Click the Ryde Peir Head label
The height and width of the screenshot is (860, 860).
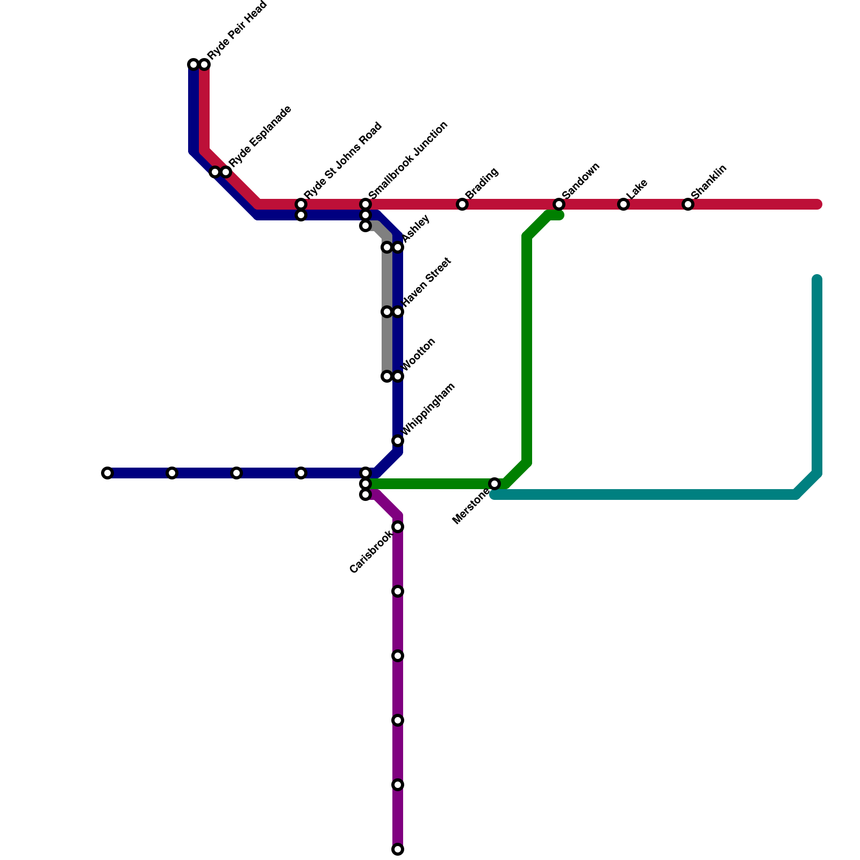237,31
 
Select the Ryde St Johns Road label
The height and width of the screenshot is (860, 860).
342,161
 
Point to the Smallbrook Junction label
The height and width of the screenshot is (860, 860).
408,160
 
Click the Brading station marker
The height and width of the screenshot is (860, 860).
462,204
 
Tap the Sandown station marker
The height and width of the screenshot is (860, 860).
559,204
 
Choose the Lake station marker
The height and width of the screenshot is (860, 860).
623,204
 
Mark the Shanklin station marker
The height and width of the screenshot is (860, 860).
688,204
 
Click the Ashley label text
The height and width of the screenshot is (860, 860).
416,228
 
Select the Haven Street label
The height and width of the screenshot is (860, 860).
427,283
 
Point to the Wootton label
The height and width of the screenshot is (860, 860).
419,355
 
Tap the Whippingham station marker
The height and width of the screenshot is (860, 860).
398,441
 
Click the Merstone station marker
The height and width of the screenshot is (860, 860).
494,484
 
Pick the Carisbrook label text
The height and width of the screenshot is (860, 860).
370,552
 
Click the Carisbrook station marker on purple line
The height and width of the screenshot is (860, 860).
398,527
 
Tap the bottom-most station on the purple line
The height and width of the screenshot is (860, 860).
398,849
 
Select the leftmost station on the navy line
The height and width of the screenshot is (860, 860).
107,473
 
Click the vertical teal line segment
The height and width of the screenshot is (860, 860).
817,376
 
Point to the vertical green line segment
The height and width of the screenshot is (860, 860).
527,349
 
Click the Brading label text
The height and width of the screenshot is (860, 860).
482,183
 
